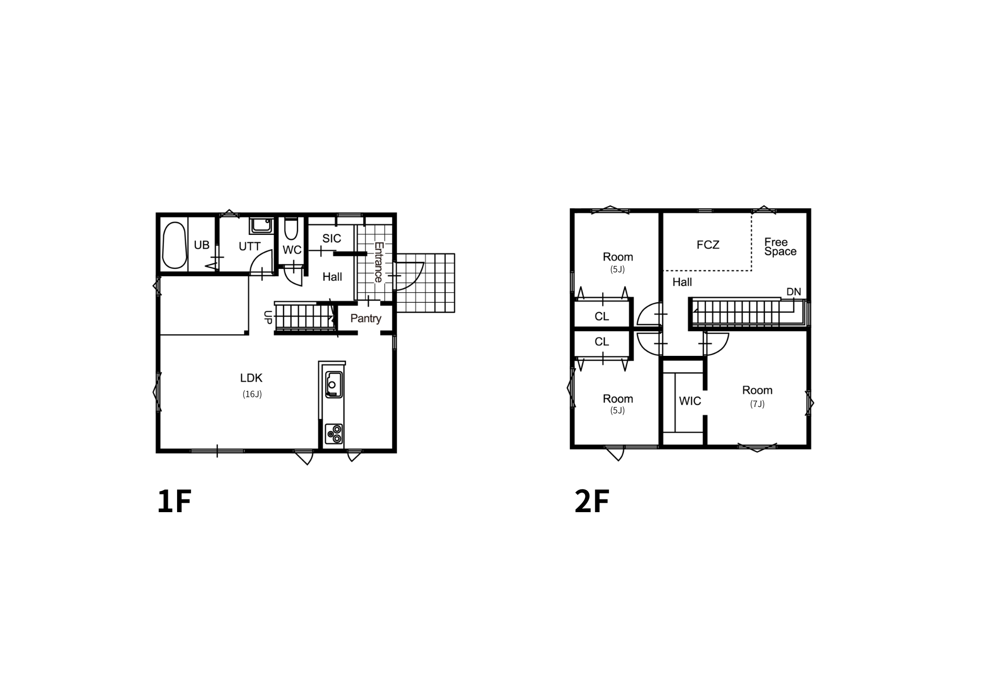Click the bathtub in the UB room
click(x=174, y=245)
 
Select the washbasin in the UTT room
click(x=261, y=226)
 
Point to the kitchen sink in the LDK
click(x=334, y=384)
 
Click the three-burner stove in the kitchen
click(x=334, y=434)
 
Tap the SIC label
click(x=332, y=238)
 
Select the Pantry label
click(x=366, y=319)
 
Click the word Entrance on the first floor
click(x=378, y=262)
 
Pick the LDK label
click(x=251, y=378)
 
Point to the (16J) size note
click(x=252, y=394)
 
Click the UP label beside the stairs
click(x=268, y=317)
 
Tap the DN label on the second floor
click(x=794, y=292)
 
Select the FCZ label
click(x=708, y=245)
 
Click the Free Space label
click(x=780, y=247)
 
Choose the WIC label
click(x=690, y=401)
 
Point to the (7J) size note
click(x=757, y=404)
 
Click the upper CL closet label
click(x=602, y=317)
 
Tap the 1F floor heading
click(x=174, y=501)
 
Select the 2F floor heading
click(x=592, y=501)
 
